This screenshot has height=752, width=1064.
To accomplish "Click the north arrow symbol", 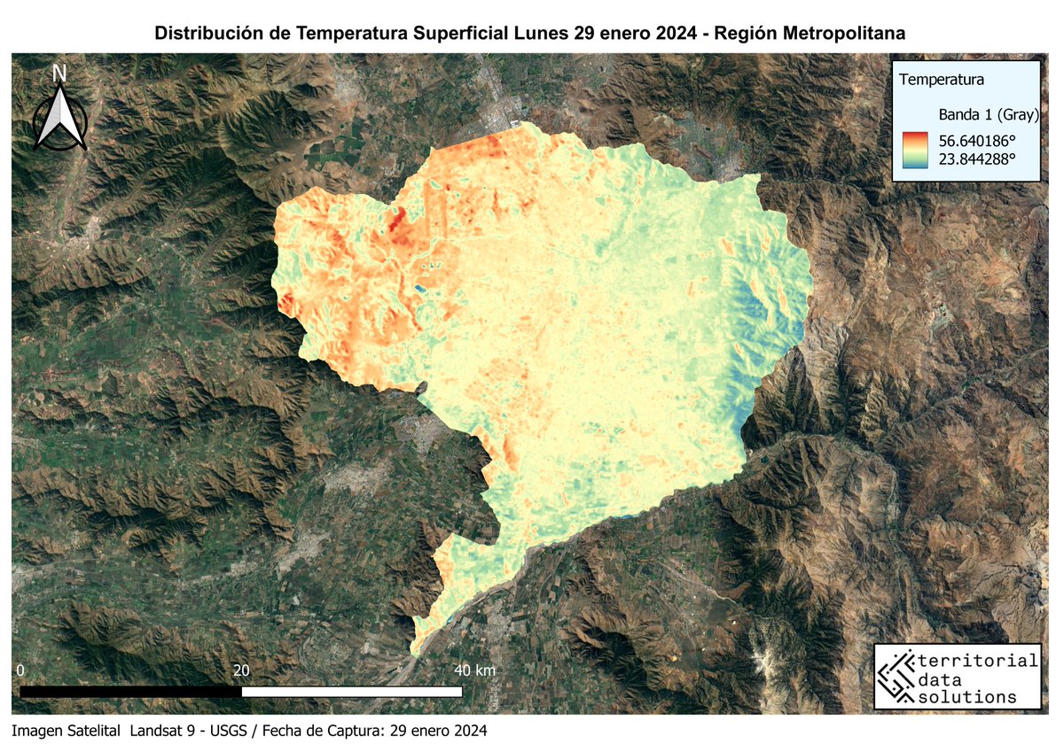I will click(x=59, y=120).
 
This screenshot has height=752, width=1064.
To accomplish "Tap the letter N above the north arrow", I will click(x=59, y=74).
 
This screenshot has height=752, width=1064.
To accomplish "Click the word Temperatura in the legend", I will click(x=942, y=80).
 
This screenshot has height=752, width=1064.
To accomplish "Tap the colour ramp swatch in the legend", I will click(x=917, y=149).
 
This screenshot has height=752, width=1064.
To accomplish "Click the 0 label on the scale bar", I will click(x=20, y=671).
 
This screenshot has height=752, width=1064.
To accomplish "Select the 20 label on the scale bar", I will click(x=241, y=671).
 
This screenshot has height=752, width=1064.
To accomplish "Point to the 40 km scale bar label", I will click(x=474, y=671).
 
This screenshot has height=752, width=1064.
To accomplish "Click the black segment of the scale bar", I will click(x=130, y=691).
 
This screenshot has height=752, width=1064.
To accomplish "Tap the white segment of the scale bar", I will click(x=351, y=691).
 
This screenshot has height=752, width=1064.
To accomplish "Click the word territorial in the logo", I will click(x=979, y=661).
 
